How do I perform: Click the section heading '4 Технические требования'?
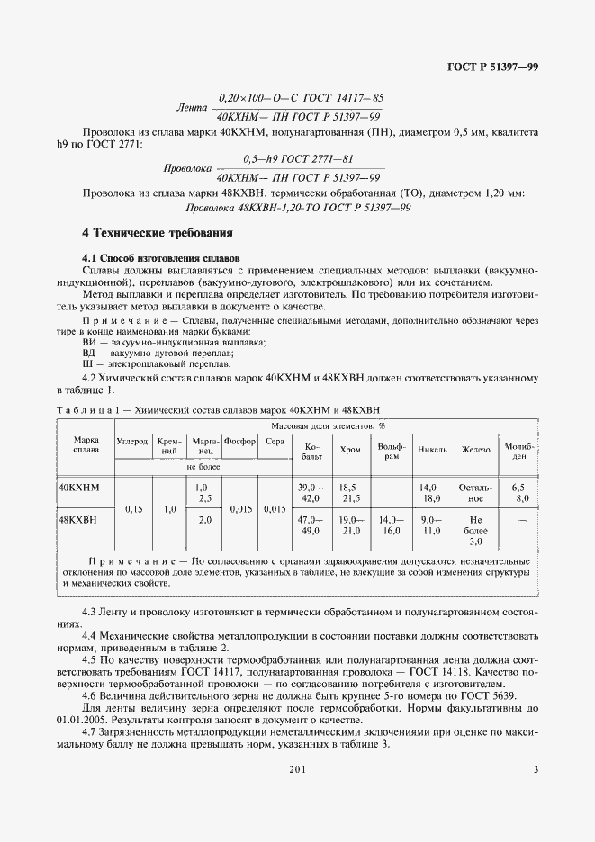[x=157, y=233]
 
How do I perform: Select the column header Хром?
[x=350, y=449]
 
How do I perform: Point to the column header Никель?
[x=432, y=449]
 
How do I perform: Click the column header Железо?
[x=476, y=449]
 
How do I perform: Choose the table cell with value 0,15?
[x=135, y=509]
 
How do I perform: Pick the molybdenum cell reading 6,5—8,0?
[x=521, y=492]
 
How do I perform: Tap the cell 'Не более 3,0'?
[x=476, y=531]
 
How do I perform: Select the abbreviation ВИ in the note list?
[x=88, y=343]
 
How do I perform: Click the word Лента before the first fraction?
[x=191, y=108]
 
